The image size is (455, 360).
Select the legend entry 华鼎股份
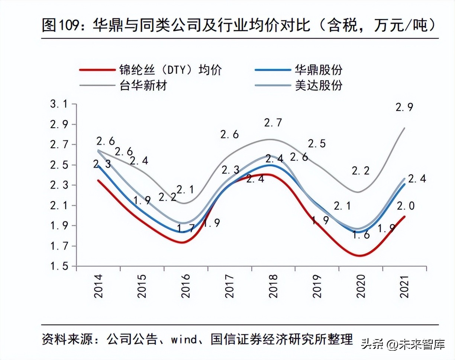[318, 70]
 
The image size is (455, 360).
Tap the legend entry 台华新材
[143, 86]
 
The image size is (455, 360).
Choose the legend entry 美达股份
[318, 86]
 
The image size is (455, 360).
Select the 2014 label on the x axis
[98, 286]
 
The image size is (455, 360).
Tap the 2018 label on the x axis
[273, 286]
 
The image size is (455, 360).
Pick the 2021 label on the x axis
[404, 286]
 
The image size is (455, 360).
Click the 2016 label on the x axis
[185, 286]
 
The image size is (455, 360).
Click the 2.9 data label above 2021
[404, 107]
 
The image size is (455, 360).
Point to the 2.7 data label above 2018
[273, 123]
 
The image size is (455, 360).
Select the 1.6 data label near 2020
[361, 235]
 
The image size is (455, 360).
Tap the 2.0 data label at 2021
[406, 205]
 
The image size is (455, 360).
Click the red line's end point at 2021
[404, 216]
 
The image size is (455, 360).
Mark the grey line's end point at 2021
[404, 128]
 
